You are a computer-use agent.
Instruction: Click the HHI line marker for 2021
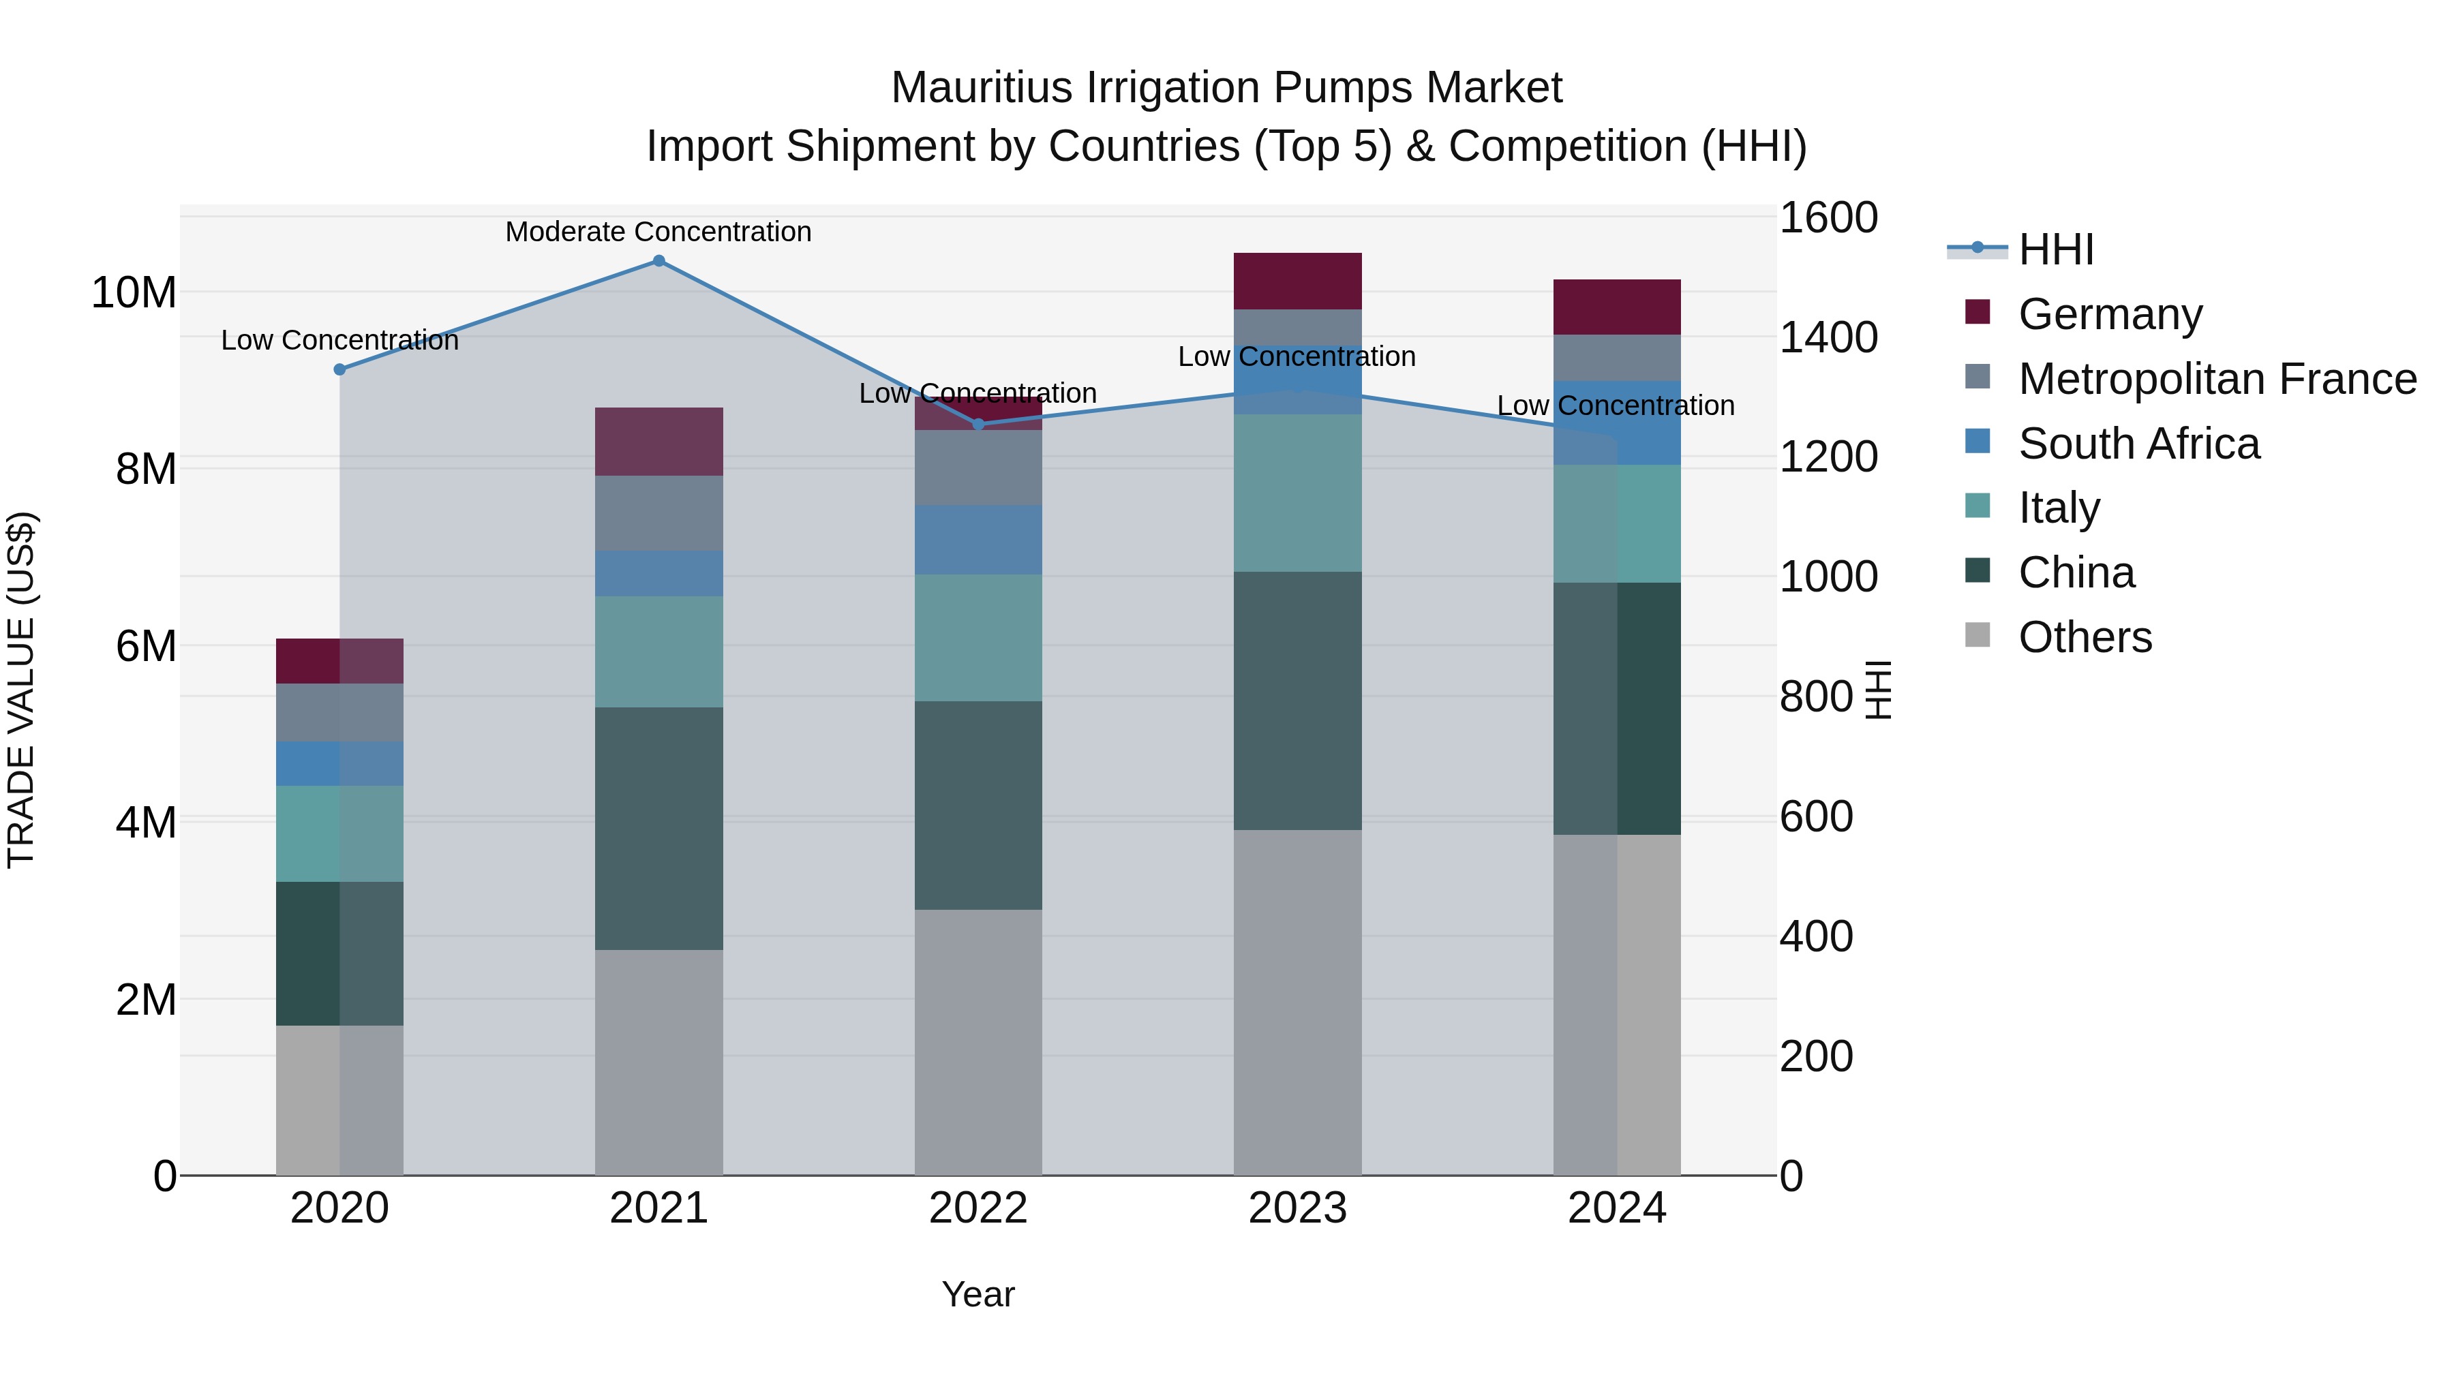tap(658, 261)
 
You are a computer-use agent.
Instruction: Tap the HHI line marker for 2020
tap(340, 369)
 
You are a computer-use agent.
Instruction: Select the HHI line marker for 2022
tap(978, 425)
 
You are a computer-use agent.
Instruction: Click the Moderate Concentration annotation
tap(658, 232)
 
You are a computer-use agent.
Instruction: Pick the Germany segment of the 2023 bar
tap(1297, 282)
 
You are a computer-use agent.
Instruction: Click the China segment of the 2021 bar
tap(658, 829)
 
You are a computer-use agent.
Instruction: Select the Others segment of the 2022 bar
tap(978, 1043)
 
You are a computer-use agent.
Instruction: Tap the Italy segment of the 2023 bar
tap(1297, 493)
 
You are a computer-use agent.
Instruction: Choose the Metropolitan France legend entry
tap(2217, 379)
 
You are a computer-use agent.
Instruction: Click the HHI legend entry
tap(2056, 249)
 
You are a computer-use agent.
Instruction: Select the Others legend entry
tap(2085, 637)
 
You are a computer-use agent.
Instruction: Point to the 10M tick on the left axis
tap(134, 292)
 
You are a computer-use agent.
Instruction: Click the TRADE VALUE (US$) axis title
tap(21, 690)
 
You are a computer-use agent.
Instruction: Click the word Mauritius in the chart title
tap(980, 89)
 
